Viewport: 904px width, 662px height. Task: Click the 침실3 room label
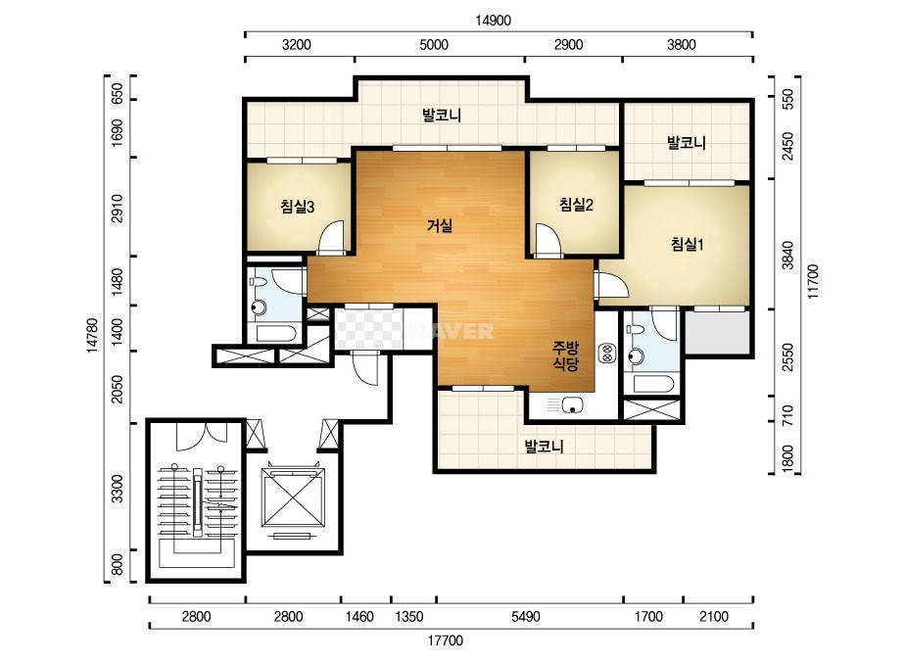point(297,207)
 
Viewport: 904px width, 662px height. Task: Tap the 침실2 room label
point(576,204)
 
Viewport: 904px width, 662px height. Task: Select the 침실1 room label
point(687,244)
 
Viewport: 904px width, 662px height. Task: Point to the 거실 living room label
point(440,225)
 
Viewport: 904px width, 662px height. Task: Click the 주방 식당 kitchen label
point(565,355)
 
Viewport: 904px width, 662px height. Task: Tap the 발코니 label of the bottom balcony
point(544,446)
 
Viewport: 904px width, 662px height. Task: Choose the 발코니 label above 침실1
point(686,142)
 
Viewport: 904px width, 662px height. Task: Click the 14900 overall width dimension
point(493,21)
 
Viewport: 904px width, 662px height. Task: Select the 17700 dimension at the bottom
point(445,640)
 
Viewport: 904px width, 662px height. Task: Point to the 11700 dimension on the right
point(812,281)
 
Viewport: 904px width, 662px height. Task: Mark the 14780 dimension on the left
point(92,335)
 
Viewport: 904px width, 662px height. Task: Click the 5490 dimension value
point(526,616)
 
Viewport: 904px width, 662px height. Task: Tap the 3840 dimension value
point(787,255)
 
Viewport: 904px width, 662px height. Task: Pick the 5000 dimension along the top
point(434,44)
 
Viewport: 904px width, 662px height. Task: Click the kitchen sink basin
point(573,404)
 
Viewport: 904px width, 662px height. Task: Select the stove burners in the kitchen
point(607,353)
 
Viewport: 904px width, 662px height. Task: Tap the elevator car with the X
point(293,497)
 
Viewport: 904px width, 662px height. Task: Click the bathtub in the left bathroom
point(276,333)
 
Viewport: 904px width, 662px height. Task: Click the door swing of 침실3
point(330,236)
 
